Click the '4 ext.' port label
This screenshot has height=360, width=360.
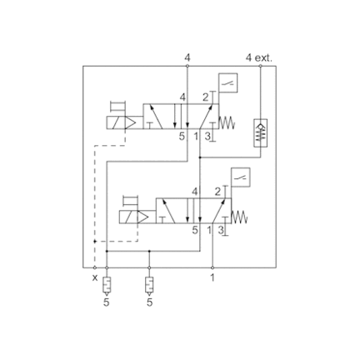click(x=259, y=57)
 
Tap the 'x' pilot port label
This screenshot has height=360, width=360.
click(x=95, y=277)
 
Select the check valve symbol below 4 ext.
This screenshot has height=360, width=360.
click(x=260, y=132)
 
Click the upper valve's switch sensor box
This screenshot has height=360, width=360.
click(x=228, y=82)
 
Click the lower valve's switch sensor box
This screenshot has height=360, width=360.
click(x=241, y=177)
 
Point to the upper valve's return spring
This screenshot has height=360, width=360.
click(x=227, y=122)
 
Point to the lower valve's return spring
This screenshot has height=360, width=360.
click(x=240, y=217)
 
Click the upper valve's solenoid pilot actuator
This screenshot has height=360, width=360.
click(x=124, y=122)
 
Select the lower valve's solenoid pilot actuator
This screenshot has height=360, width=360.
click(x=137, y=217)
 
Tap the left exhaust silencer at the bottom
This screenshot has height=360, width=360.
click(x=107, y=287)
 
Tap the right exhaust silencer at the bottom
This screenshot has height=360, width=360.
click(x=149, y=287)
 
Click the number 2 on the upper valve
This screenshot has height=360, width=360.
click(x=205, y=97)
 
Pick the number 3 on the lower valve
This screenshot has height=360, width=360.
click(x=220, y=230)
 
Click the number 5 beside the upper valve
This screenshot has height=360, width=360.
click(x=182, y=136)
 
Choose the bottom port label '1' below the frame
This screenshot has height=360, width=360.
click(x=212, y=277)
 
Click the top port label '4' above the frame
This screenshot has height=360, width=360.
click(x=187, y=57)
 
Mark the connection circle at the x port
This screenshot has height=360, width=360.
click(x=95, y=267)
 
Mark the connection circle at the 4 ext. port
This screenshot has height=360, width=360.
click(x=260, y=66)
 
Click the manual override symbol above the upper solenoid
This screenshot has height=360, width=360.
click(x=117, y=107)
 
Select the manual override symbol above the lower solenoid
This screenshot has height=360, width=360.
click(x=130, y=201)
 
